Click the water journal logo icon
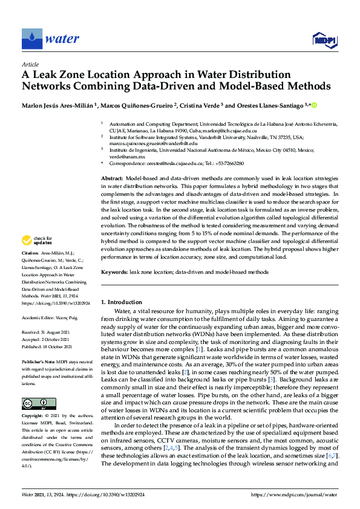[31, 39]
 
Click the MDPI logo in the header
[322, 40]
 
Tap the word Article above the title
[30, 63]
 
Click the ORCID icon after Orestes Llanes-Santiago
[314, 105]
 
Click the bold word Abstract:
[111, 180]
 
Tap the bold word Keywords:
[114, 273]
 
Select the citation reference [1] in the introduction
[198, 350]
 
